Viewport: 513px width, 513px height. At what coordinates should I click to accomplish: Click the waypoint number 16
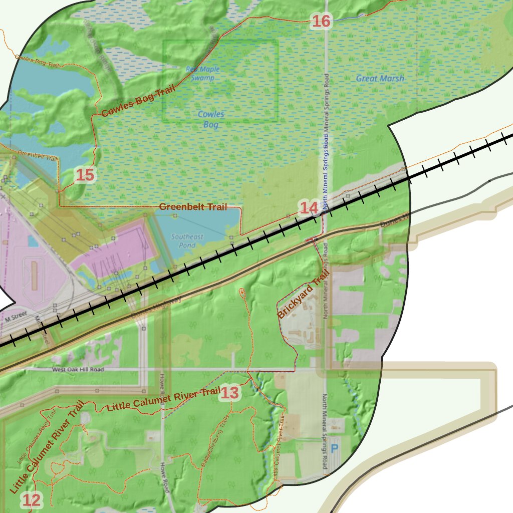coord(321,21)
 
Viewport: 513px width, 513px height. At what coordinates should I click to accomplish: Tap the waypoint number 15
coord(85,175)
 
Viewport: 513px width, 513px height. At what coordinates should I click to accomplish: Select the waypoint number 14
coord(309,207)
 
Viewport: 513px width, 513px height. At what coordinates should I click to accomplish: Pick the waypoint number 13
coord(230,393)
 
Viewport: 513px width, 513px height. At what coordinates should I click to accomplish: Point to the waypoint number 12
coord(31,499)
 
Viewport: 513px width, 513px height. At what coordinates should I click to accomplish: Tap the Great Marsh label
coord(380,78)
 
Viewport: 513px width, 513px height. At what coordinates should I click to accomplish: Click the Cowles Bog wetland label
coord(211,119)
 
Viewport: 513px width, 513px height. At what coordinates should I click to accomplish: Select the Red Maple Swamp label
coord(203,74)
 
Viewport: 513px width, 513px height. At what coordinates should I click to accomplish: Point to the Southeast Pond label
coord(187,240)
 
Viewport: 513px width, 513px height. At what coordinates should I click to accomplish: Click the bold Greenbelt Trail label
coord(193,206)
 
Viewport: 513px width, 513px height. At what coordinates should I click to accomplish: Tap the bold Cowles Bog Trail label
coord(138,101)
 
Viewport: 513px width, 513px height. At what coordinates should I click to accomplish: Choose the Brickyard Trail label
coord(304,294)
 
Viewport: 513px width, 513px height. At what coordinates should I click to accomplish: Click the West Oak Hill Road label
coord(78,369)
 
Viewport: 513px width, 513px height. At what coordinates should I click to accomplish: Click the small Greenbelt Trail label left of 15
coord(38,155)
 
